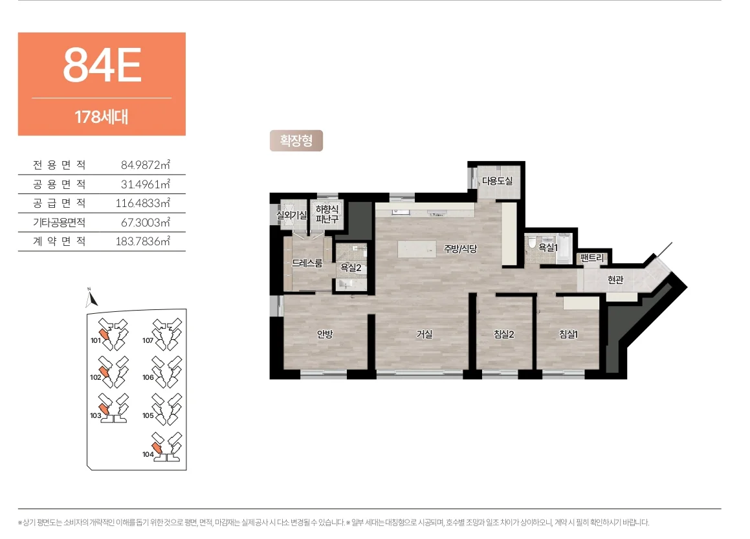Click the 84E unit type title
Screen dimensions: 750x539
click(x=102, y=65)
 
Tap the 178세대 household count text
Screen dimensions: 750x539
click(x=102, y=116)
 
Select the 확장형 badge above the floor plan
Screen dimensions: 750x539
click(x=296, y=140)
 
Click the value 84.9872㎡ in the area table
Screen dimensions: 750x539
click(x=146, y=165)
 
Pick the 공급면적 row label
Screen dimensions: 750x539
click(x=60, y=203)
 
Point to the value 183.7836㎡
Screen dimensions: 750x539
click(x=142, y=241)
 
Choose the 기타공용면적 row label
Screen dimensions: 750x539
click(x=60, y=223)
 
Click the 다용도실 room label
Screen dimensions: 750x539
click(x=497, y=181)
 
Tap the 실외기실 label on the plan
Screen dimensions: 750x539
click(x=292, y=215)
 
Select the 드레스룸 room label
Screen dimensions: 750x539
click(x=307, y=263)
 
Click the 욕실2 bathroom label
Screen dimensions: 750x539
click(x=351, y=268)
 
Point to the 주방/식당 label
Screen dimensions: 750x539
click(x=460, y=248)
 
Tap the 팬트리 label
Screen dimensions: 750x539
click(x=592, y=258)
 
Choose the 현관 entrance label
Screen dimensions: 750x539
click(x=615, y=280)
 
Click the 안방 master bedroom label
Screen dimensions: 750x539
click(x=324, y=335)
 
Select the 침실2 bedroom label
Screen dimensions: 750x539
click(x=503, y=335)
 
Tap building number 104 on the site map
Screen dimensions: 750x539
click(x=148, y=454)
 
